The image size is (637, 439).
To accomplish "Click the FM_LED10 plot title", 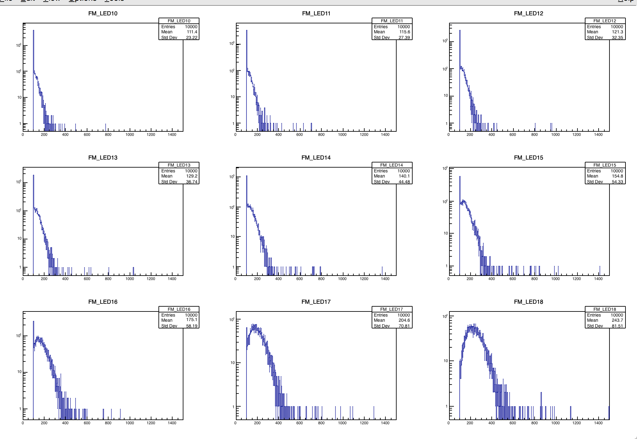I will tap(103, 13).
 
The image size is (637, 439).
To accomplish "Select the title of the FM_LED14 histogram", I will tap(316, 158).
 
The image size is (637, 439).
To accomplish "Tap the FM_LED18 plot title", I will tap(528, 302).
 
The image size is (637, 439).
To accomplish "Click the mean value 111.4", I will tap(192, 32).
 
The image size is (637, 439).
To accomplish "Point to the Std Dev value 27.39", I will tap(404, 37).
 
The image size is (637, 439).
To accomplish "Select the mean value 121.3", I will tap(617, 32).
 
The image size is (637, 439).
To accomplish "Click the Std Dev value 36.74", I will tap(191, 182).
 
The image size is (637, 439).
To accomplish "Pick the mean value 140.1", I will tap(404, 176).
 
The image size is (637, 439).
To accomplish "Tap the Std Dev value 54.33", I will tap(617, 182).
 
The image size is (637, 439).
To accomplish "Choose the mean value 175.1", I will tap(192, 320).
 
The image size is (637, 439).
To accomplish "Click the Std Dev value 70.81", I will tap(404, 326).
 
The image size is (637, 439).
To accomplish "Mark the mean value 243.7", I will tap(617, 320).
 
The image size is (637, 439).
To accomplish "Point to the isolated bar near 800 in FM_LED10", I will tap(106, 127).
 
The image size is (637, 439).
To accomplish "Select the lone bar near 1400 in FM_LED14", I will tap(382, 271).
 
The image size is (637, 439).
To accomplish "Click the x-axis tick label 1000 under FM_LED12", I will tap(555, 135).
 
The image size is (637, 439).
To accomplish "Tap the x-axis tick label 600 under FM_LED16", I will tap(87, 423).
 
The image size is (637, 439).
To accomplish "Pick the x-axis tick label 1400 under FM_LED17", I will tap(385, 423).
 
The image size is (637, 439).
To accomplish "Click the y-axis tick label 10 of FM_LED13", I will tap(20, 238).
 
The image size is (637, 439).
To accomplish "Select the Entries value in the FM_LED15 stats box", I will tap(617, 171).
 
